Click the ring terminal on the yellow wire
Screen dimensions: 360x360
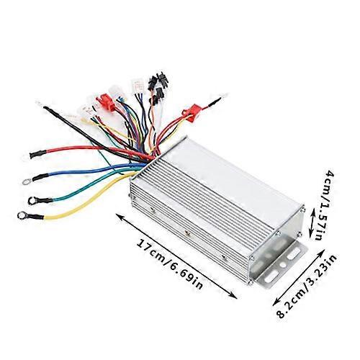point(22,215)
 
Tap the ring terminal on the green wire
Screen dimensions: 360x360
point(32,200)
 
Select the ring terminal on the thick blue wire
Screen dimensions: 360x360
point(26,181)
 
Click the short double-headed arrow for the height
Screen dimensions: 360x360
point(312,222)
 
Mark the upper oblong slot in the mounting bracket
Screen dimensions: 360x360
point(294,254)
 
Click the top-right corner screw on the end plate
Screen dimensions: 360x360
point(303,210)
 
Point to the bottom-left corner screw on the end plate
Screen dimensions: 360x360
point(251,283)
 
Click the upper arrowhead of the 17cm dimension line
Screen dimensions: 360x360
point(119,217)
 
